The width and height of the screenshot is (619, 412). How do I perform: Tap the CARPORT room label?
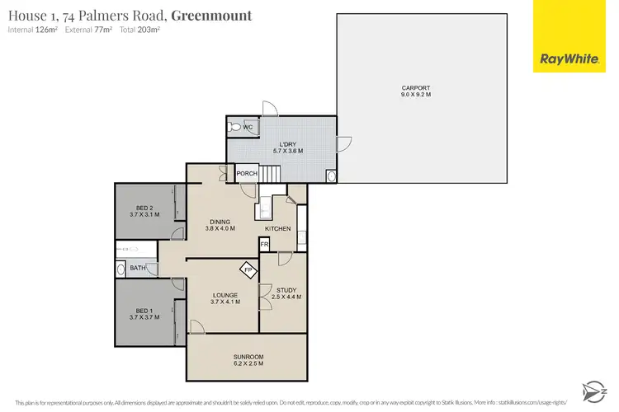coord(415,87)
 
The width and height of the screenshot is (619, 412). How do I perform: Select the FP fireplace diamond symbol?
coord(247,269)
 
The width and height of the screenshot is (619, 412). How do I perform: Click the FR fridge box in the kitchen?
coord(264,244)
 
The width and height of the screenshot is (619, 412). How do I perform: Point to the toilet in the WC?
coord(236,128)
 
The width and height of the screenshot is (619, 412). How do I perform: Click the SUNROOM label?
coord(248,356)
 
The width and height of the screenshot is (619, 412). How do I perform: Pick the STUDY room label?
coord(287,291)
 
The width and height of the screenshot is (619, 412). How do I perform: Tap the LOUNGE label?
coord(224,294)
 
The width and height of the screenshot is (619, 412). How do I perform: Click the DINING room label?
coord(219,221)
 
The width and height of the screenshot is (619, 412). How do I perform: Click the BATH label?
coord(138,267)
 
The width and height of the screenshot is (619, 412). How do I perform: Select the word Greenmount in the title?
coord(212,16)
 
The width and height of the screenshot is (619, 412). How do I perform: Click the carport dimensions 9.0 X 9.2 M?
coord(415,95)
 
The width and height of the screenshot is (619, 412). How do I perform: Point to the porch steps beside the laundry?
coord(272,173)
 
